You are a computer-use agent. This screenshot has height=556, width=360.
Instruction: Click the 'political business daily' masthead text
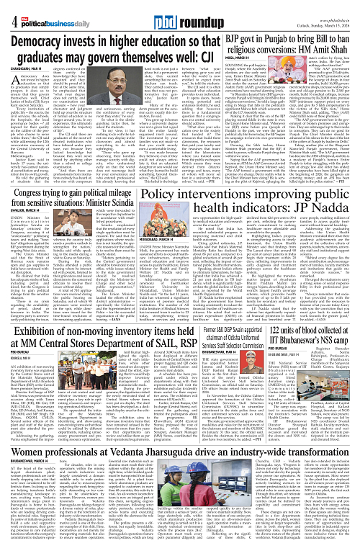[x=43, y=9]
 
